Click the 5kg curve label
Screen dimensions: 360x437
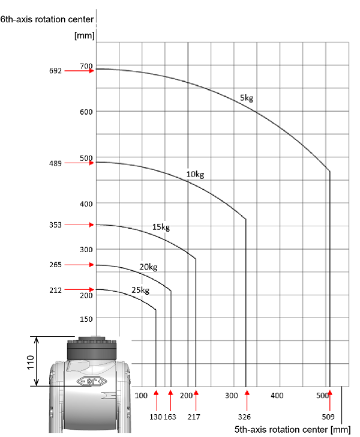click(247, 98)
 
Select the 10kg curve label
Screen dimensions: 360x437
click(195, 175)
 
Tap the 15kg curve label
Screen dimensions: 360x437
click(161, 227)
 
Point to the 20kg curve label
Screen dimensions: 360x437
click(148, 267)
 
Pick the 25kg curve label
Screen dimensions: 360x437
click(140, 290)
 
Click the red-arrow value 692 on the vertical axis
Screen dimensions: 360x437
click(55, 71)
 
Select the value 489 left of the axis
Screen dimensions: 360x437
click(55, 163)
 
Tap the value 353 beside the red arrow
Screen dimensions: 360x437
click(55, 225)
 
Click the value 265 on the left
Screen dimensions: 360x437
click(55, 265)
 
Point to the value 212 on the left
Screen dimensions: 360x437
click(55, 290)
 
